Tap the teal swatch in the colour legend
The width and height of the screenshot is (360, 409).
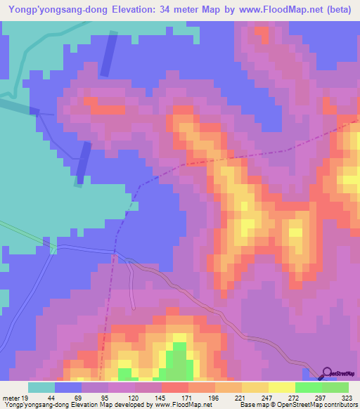coord(41,387)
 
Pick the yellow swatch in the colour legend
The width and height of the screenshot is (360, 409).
coord(255,387)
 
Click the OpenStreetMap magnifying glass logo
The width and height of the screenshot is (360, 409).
coord(327,372)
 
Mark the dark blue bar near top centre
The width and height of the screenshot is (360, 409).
coord(109,55)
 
